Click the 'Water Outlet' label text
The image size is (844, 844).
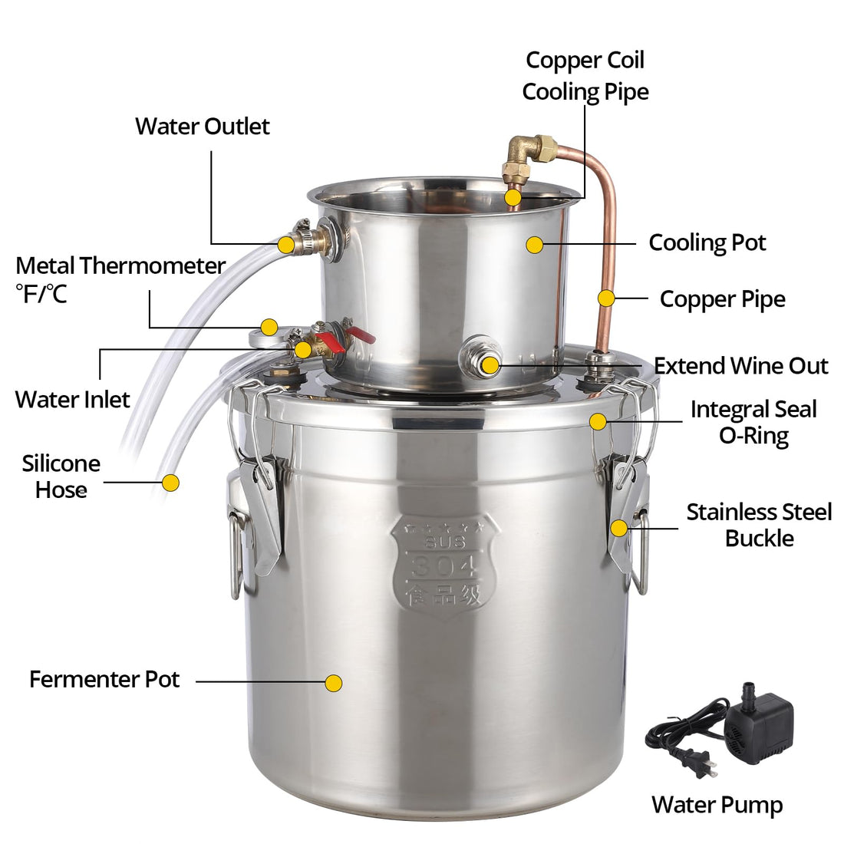(x=203, y=127)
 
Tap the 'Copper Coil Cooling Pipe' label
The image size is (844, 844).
(x=585, y=76)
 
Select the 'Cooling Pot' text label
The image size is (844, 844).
(x=707, y=242)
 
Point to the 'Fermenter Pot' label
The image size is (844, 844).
(x=104, y=679)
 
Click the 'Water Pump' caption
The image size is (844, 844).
(x=717, y=806)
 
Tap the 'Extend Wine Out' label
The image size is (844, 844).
(x=740, y=366)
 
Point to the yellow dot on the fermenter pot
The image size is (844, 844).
(x=334, y=683)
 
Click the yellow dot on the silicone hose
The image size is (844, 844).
(x=170, y=483)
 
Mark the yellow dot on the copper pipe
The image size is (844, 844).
(x=607, y=298)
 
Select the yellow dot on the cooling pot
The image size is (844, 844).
(x=535, y=245)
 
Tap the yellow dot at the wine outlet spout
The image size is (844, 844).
(x=490, y=365)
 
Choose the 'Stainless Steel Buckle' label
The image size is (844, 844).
(x=759, y=525)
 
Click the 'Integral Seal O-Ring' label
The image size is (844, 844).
(x=753, y=423)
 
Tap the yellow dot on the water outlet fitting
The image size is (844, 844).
(x=286, y=245)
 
